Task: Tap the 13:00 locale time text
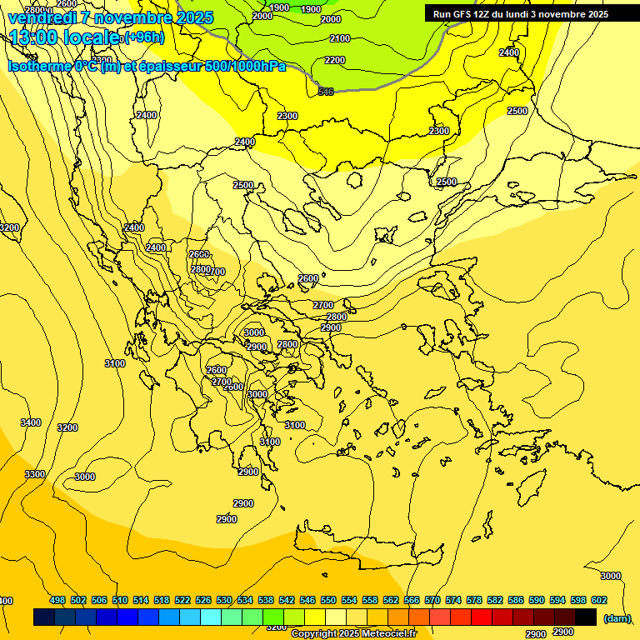coord(62,37)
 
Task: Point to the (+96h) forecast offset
coord(143,37)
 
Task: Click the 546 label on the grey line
coord(326,91)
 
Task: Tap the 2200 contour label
coord(335,61)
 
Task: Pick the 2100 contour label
coord(340,39)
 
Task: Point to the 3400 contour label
coord(31,422)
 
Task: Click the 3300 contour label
coord(35,474)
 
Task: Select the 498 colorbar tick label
coord(57,601)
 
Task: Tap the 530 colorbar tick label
coord(224,601)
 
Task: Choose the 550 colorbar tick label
coord(328,601)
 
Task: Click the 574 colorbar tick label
coord(453,601)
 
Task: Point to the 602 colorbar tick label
coord(598,601)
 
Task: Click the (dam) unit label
coord(617,617)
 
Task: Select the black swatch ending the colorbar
coord(586,617)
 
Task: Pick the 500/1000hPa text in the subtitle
coord(245,67)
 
